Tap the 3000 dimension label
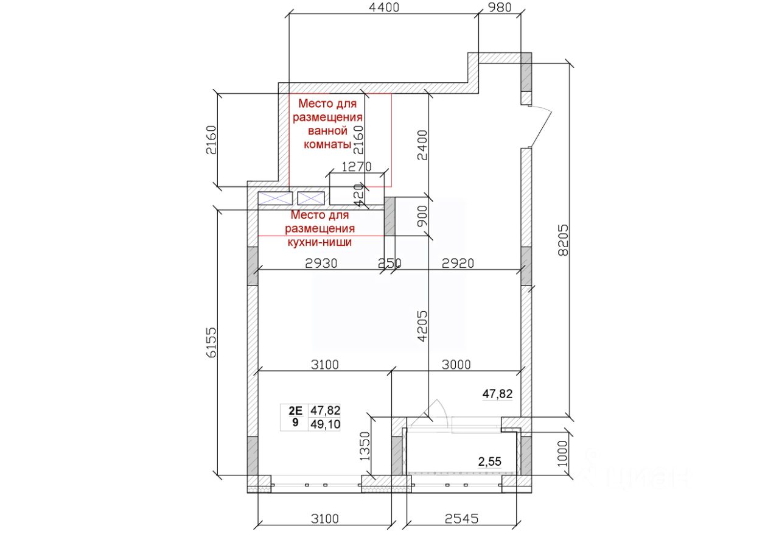coord(456,364)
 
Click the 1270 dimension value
coord(357,167)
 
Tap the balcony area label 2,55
coord(490,462)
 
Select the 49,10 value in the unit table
coord(325,424)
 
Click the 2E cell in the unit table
coord(295,410)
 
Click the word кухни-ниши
coord(320,242)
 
